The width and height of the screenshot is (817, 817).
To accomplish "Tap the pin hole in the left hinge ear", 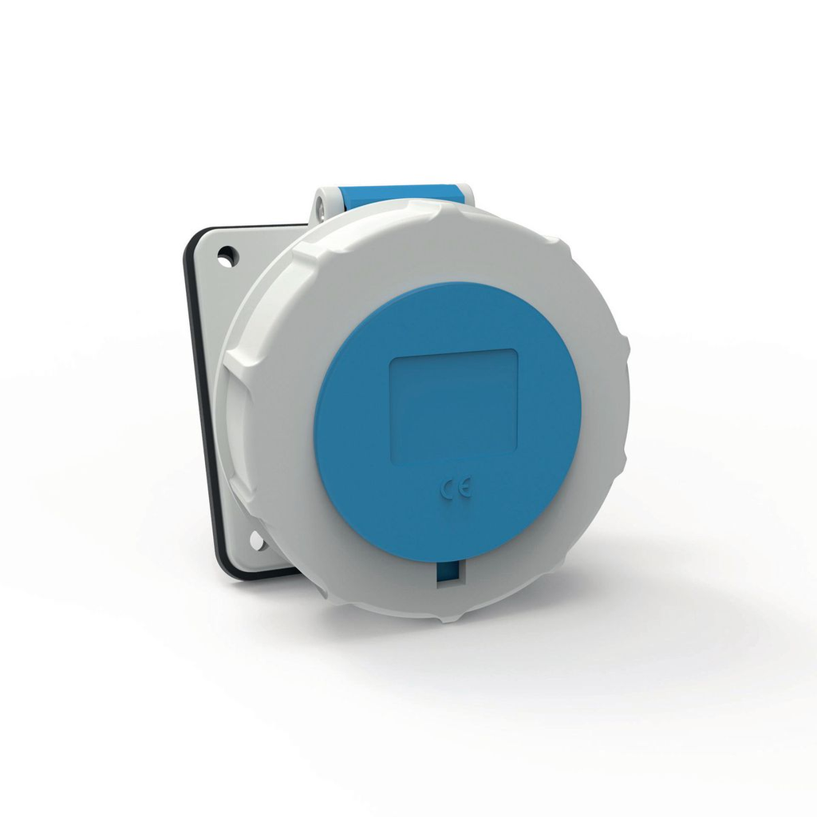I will click(x=321, y=208).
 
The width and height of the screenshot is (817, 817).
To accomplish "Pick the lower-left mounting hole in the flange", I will click(x=256, y=541).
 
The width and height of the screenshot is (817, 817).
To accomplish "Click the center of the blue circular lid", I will click(x=448, y=419).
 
